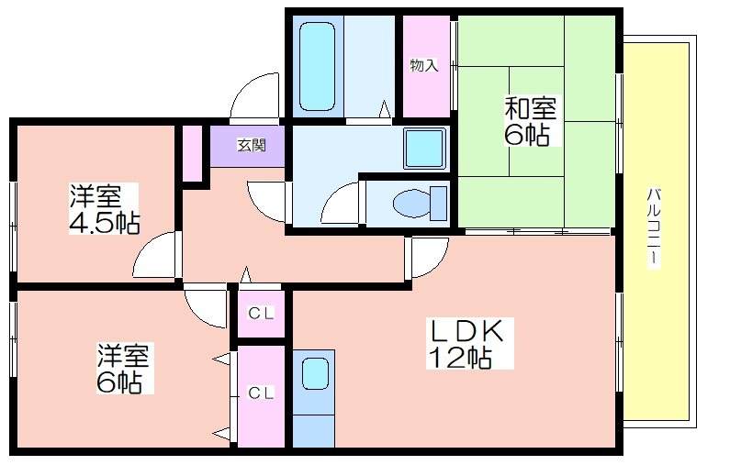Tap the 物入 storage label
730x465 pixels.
(423, 66)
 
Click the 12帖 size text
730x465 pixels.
(458, 358)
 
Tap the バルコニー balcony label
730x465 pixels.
(654, 225)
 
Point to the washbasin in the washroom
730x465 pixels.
(424, 147)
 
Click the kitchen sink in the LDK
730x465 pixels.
(315, 373)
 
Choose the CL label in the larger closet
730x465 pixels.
(261, 393)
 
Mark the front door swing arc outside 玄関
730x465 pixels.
(253, 96)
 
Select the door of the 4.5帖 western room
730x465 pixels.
(154, 256)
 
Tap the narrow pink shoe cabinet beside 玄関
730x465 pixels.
(191, 152)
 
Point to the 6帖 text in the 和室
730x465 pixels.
(527, 136)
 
